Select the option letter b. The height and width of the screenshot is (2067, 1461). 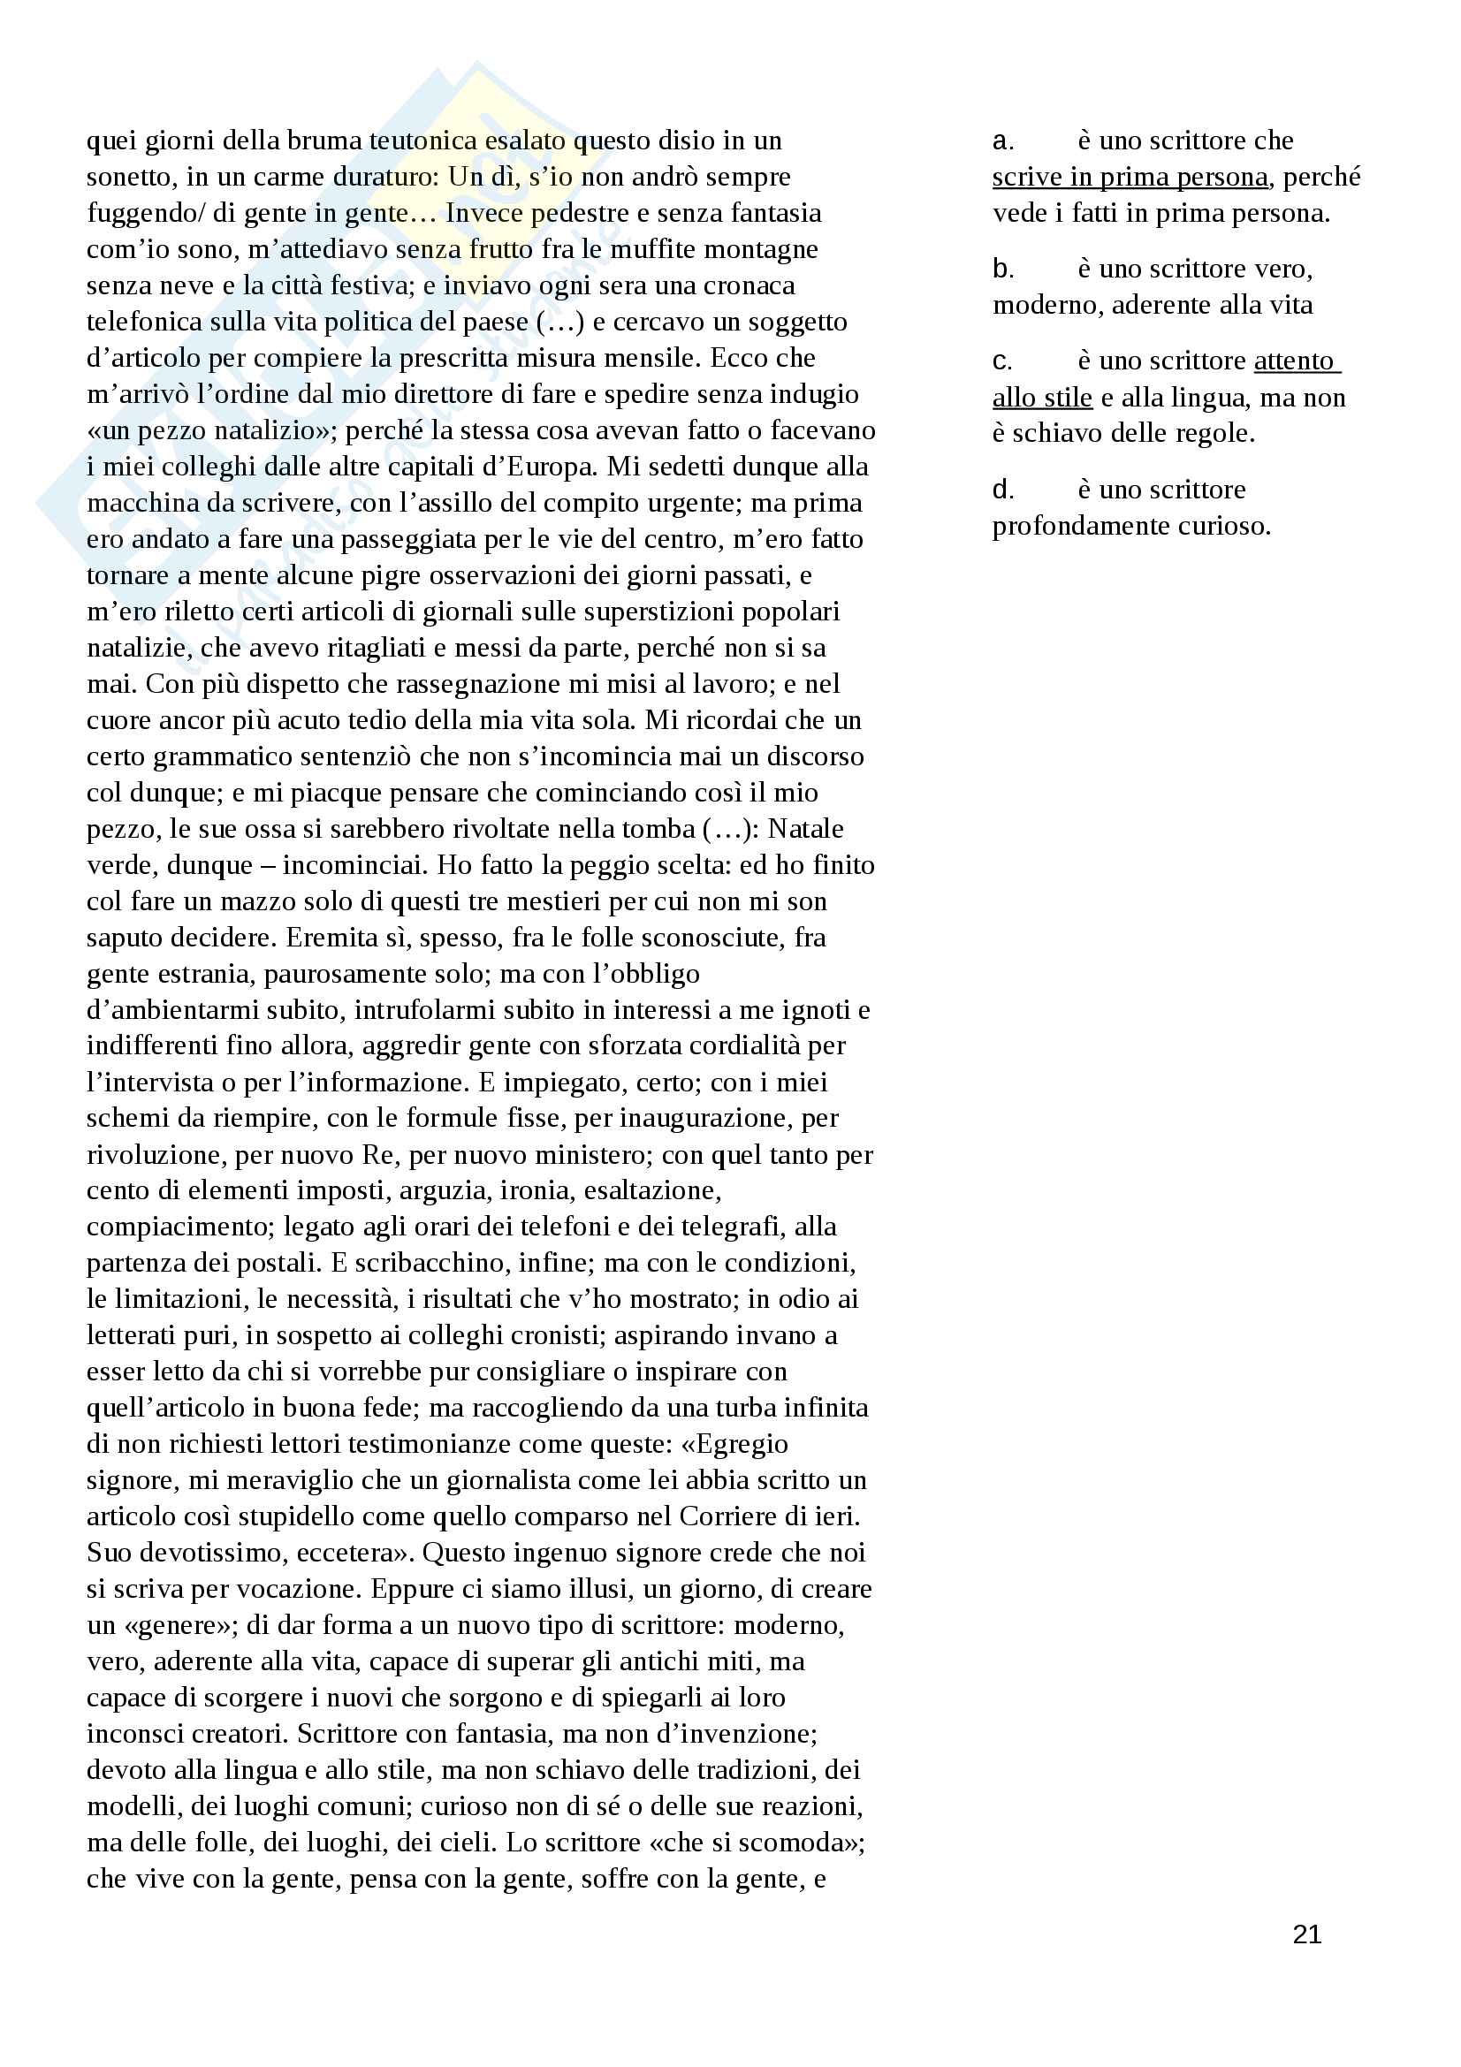(x=1003, y=270)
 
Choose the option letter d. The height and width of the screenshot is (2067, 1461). (x=1003, y=490)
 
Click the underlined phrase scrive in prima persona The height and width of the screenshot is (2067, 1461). (x=1130, y=178)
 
